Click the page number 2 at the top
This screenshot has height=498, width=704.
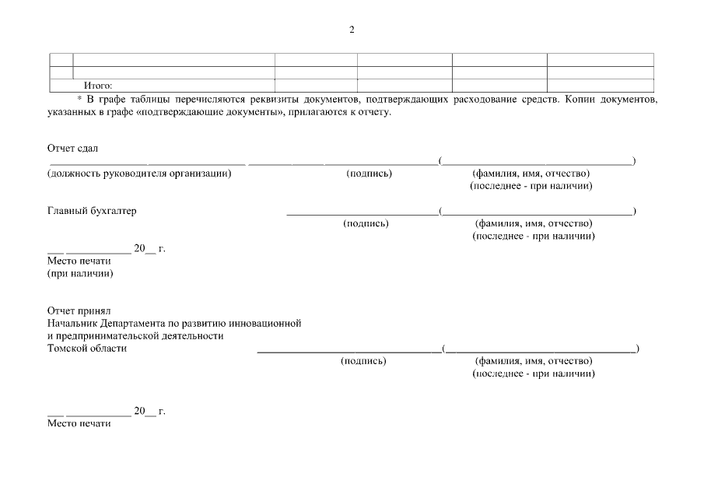click(352, 30)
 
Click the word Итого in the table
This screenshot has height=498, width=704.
click(98, 86)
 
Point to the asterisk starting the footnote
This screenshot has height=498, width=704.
click(79, 100)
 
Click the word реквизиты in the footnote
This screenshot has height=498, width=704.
click(281, 100)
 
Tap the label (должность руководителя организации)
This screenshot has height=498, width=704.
click(139, 174)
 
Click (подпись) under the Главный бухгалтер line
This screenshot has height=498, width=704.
click(366, 223)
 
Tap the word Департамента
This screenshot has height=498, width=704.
click(136, 323)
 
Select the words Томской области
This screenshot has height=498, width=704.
click(87, 349)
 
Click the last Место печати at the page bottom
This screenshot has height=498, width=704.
click(79, 423)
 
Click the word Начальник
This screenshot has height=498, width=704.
click(72, 323)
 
